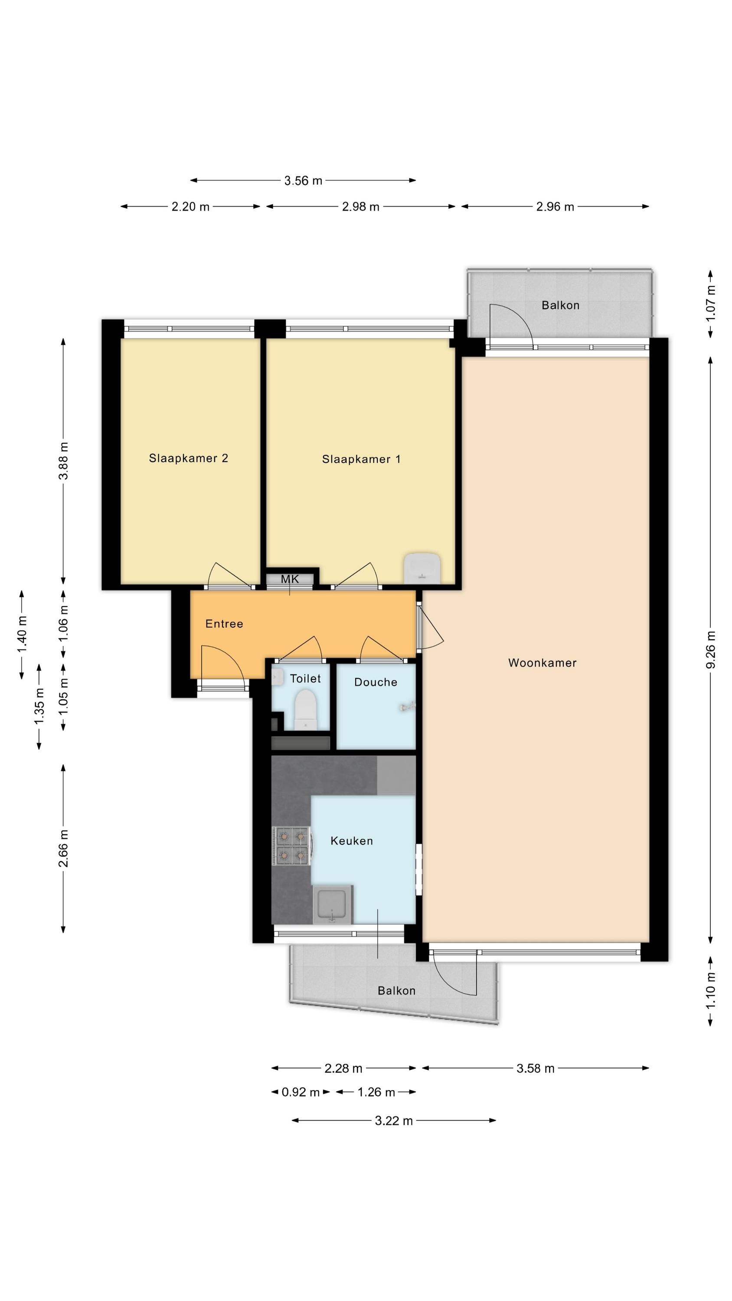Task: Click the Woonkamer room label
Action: (x=542, y=663)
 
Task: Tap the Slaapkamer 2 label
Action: (x=189, y=458)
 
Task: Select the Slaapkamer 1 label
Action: (x=361, y=459)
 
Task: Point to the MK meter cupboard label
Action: (x=290, y=579)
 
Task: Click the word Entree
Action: (x=224, y=624)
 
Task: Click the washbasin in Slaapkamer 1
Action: (x=422, y=569)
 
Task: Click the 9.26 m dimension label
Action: (x=710, y=650)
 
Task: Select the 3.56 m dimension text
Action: (x=303, y=181)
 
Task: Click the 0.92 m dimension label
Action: (x=301, y=1092)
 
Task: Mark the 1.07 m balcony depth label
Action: (x=710, y=303)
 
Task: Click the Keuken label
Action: (x=352, y=841)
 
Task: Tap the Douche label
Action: (x=376, y=682)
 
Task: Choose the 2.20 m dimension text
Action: (x=190, y=206)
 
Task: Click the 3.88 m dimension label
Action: (x=63, y=461)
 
